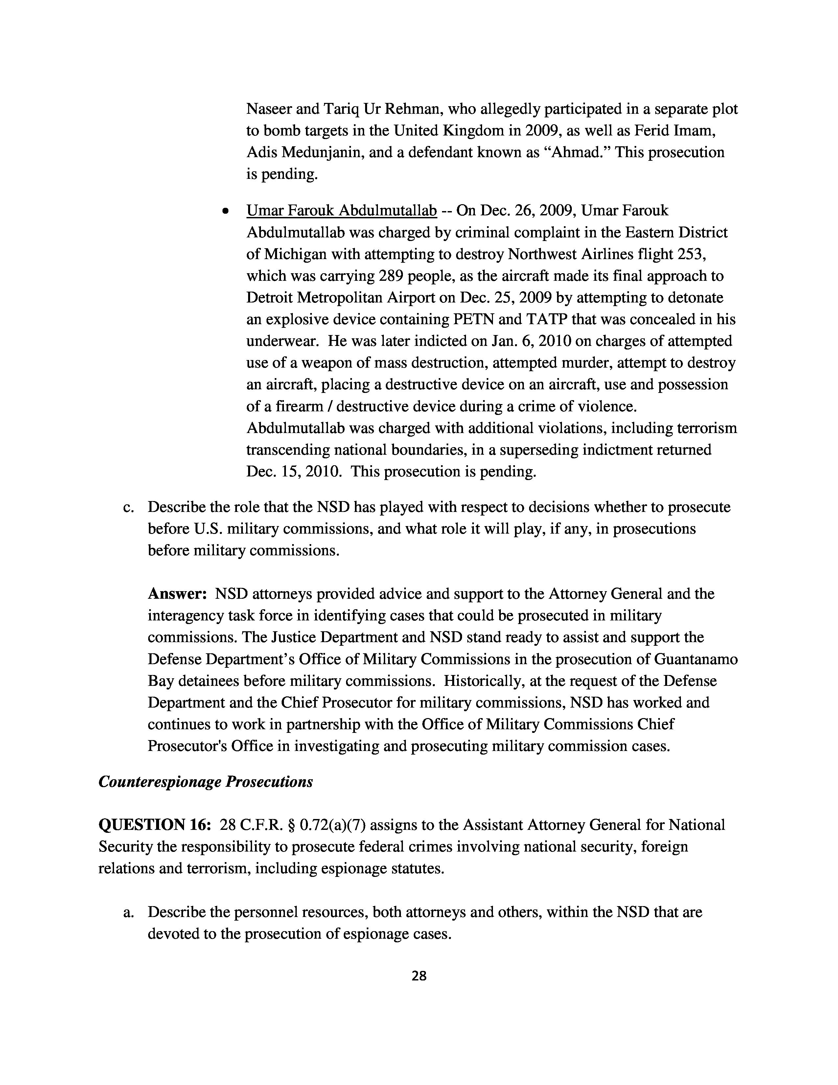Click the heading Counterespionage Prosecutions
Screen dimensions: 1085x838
[205, 782]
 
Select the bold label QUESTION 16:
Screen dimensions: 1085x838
[155, 825]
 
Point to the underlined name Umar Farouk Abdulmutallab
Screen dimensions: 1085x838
[341, 211]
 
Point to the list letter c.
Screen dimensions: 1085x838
[128, 508]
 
